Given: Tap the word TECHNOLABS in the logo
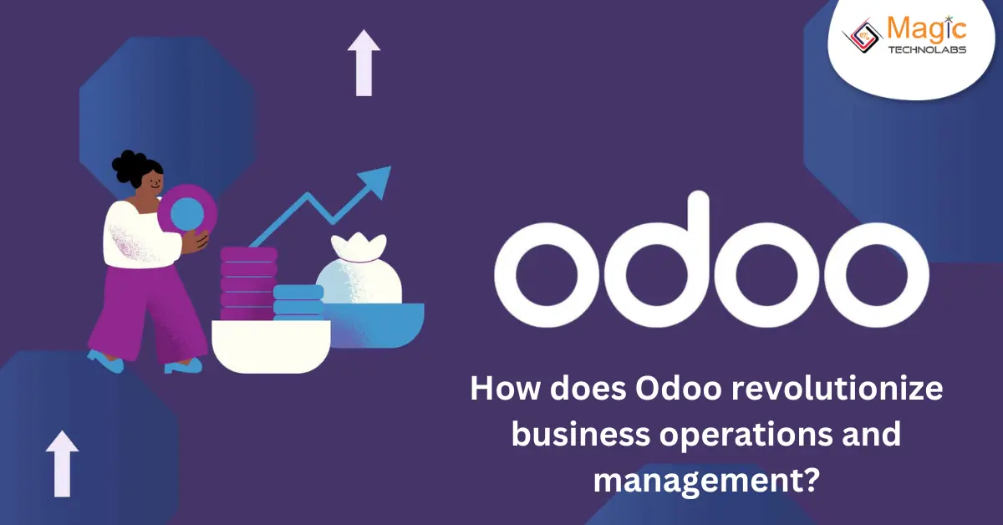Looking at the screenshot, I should pos(925,50).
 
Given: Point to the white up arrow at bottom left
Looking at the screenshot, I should pos(62,464).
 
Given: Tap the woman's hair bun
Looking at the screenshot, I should pos(126,161).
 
